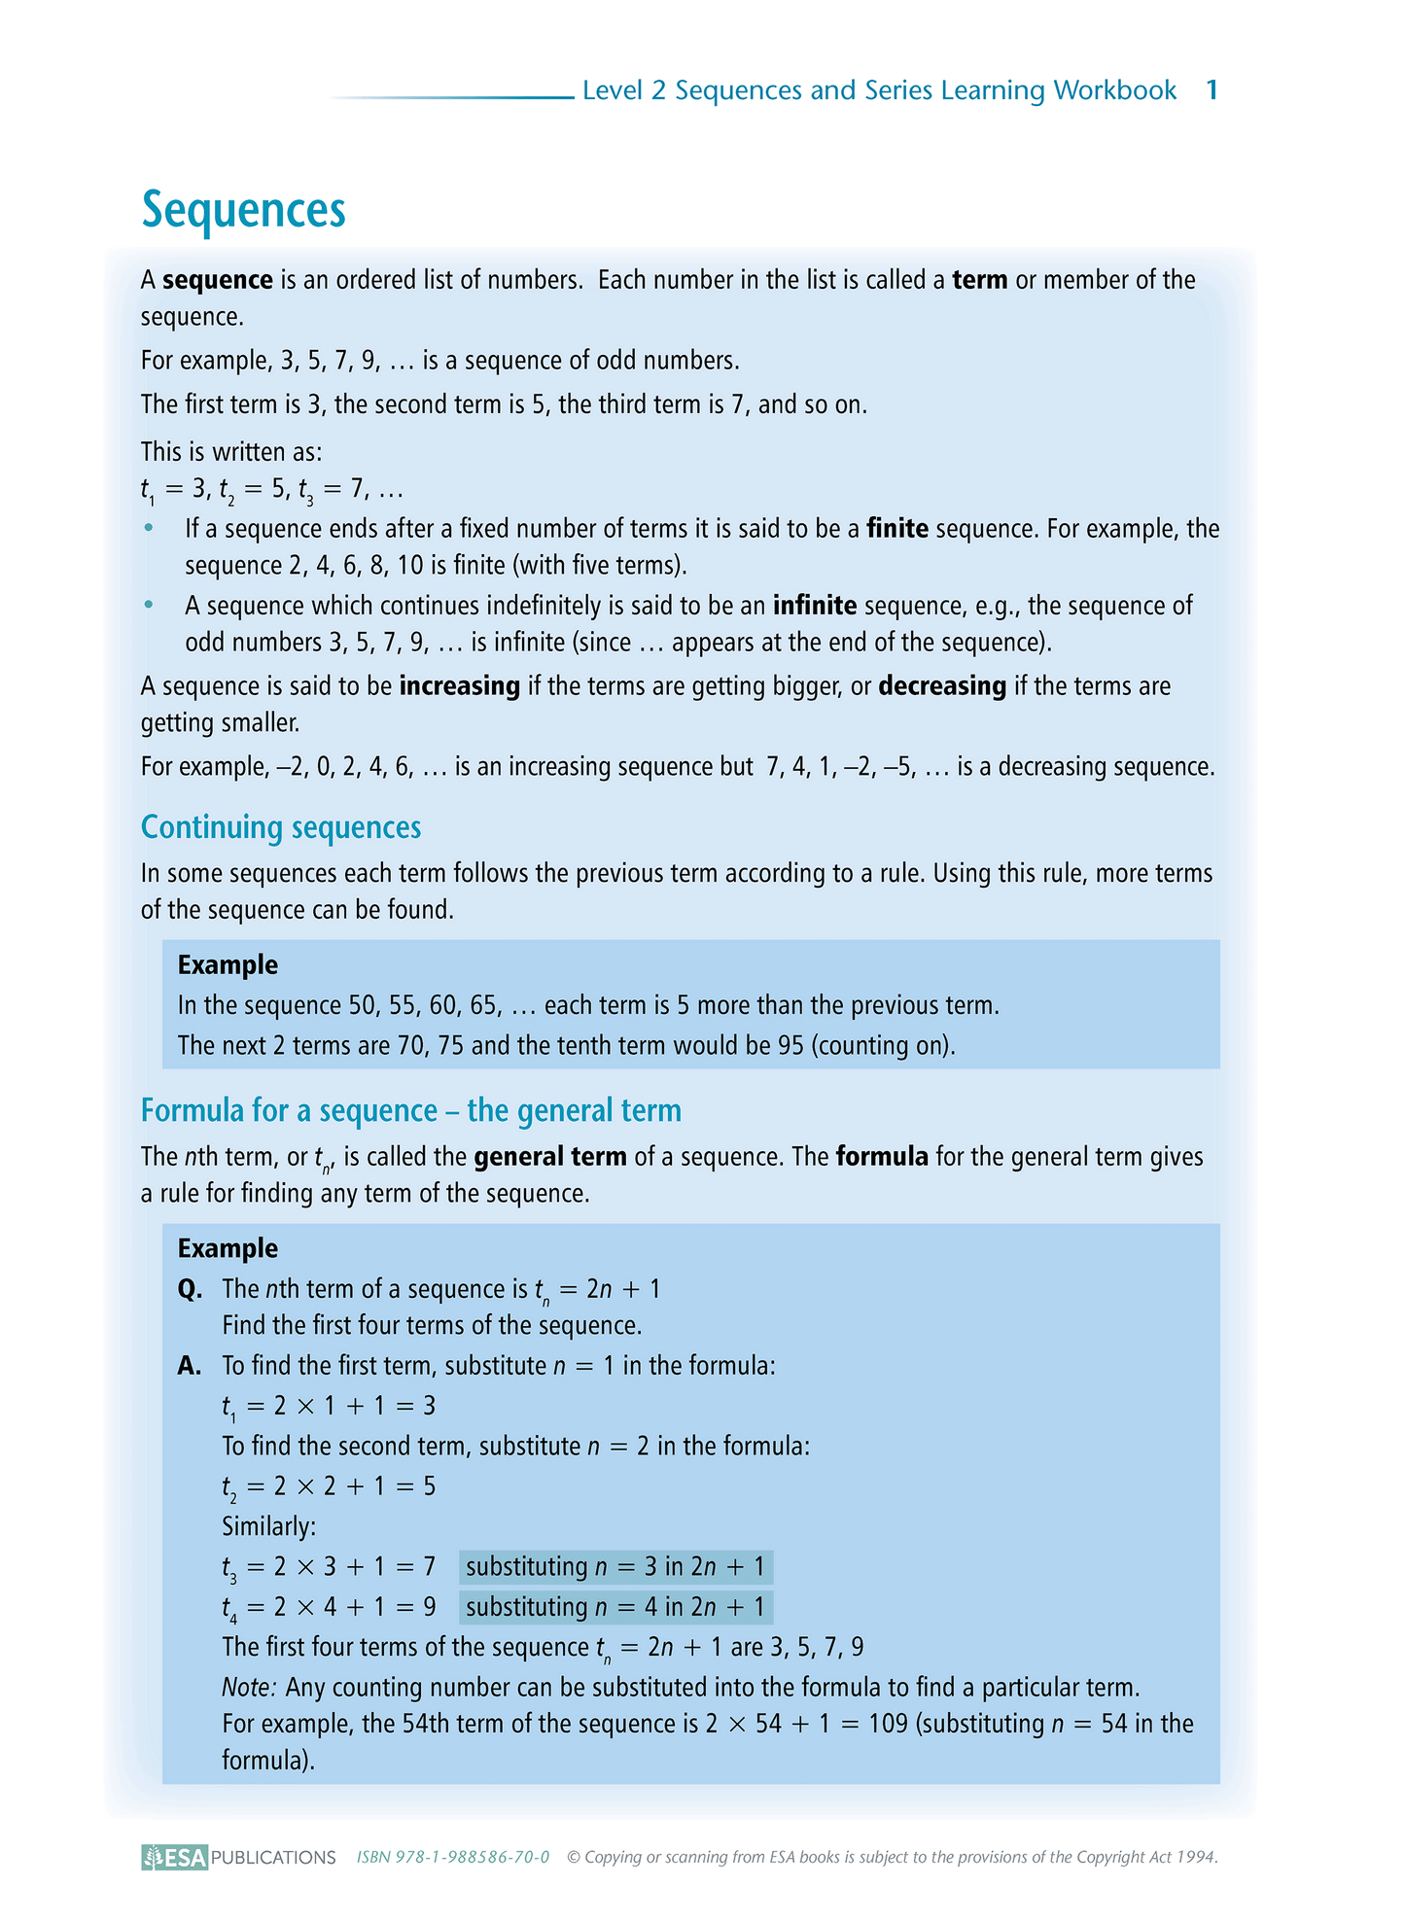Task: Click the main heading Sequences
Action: (243, 210)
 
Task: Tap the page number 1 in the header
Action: (1212, 90)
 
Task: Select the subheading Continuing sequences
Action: (281, 827)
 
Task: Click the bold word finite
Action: (897, 529)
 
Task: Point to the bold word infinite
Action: (815, 606)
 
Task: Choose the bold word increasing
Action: (459, 686)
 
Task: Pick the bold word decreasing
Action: (942, 686)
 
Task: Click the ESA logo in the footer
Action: (175, 1857)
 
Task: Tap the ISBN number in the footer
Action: (453, 1857)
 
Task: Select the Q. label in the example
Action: (190, 1289)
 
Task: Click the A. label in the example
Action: (190, 1366)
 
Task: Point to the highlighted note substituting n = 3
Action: (615, 1567)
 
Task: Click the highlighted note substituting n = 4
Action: (615, 1607)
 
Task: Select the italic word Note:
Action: (250, 1687)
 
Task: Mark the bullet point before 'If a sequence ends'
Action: (149, 528)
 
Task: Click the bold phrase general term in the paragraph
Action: (550, 1157)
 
